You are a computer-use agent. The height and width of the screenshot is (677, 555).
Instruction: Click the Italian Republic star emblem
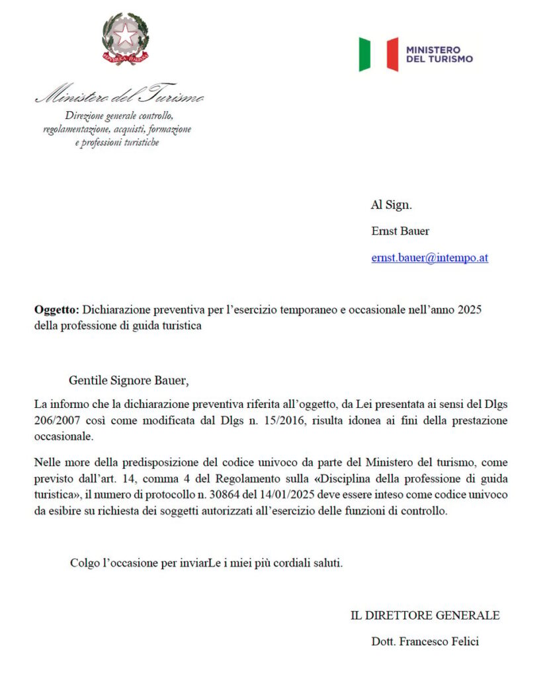(125, 38)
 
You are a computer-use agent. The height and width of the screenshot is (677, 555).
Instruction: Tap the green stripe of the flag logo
(364, 54)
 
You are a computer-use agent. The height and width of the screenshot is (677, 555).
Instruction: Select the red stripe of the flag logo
(392, 54)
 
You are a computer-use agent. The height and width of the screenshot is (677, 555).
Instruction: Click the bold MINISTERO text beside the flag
(433, 50)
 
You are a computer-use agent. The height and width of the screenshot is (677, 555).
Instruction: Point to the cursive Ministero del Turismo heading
(119, 97)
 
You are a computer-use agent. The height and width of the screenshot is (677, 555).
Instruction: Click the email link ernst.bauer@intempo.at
(429, 258)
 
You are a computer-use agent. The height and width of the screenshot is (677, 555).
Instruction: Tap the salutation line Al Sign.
(391, 205)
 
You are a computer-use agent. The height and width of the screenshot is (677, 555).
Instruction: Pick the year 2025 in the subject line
(469, 309)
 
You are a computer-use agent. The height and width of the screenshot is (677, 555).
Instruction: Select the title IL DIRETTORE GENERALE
(425, 616)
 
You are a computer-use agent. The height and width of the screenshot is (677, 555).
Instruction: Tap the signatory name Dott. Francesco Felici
(425, 641)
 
